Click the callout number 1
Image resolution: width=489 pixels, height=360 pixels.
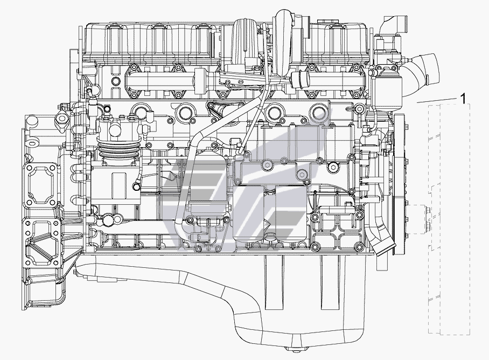(x=463, y=99)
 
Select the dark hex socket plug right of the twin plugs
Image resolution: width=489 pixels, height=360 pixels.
(x=333, y=168)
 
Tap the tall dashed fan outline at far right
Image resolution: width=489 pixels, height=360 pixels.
(x=449, y=220)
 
